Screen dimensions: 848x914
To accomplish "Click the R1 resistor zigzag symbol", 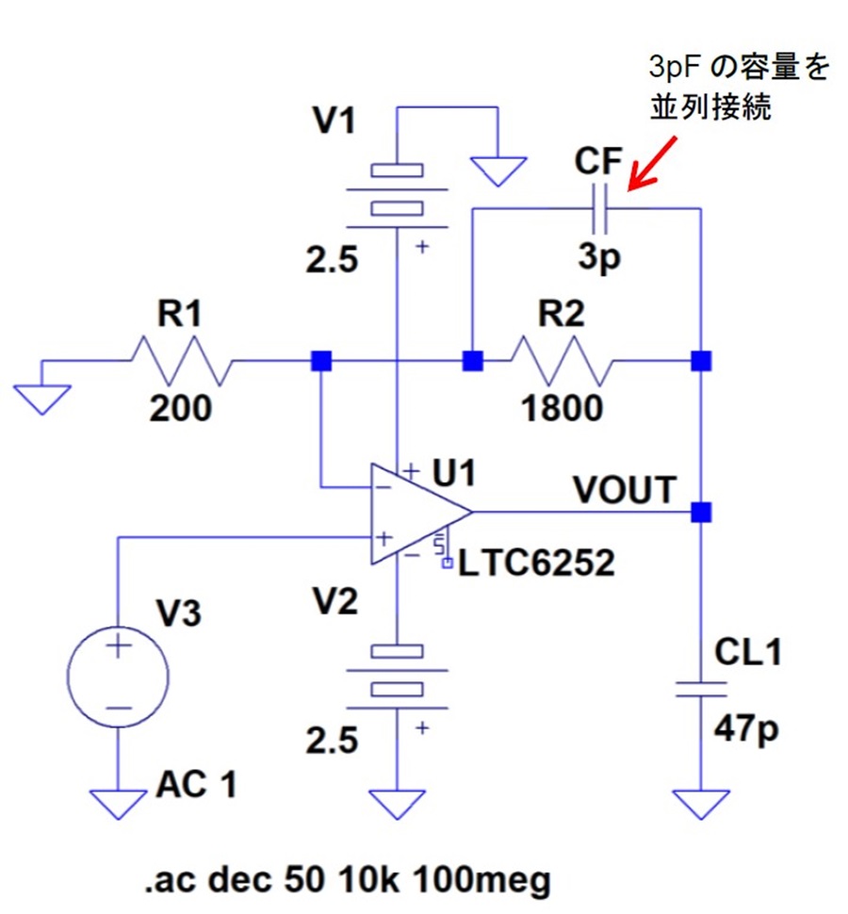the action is tap(182, 361).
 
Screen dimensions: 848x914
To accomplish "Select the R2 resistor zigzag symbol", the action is tap(562, 361).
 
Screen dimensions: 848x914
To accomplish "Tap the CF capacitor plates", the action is tap(599, 208).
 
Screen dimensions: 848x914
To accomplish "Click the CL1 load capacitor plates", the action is tap(701, 690).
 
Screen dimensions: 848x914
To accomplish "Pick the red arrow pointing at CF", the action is tap(652, 164).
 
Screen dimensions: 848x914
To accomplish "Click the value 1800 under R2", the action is tap(562, 408).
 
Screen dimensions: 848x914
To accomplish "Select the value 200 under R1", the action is tap(181, 408).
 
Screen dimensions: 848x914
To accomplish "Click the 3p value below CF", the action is tap(599, 257).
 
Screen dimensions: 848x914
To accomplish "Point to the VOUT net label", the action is tap(625, 490).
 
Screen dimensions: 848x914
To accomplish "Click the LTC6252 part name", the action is tap(536, 563).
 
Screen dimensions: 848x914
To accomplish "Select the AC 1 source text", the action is tap(196, 784).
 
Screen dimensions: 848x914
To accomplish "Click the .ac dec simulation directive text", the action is tap(348, 880).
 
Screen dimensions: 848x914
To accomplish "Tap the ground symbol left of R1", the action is tap(42, 400).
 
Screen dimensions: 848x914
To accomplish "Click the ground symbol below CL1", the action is tap(701, 805).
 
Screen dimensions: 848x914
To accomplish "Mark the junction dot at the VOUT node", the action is tap(701, 513).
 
